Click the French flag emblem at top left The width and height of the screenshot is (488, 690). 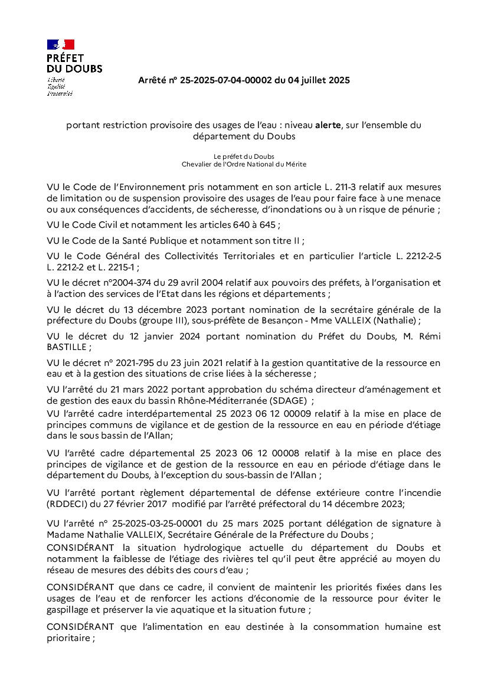[x=61, y=44]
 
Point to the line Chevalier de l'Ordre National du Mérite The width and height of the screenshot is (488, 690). [x=244, y=163]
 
